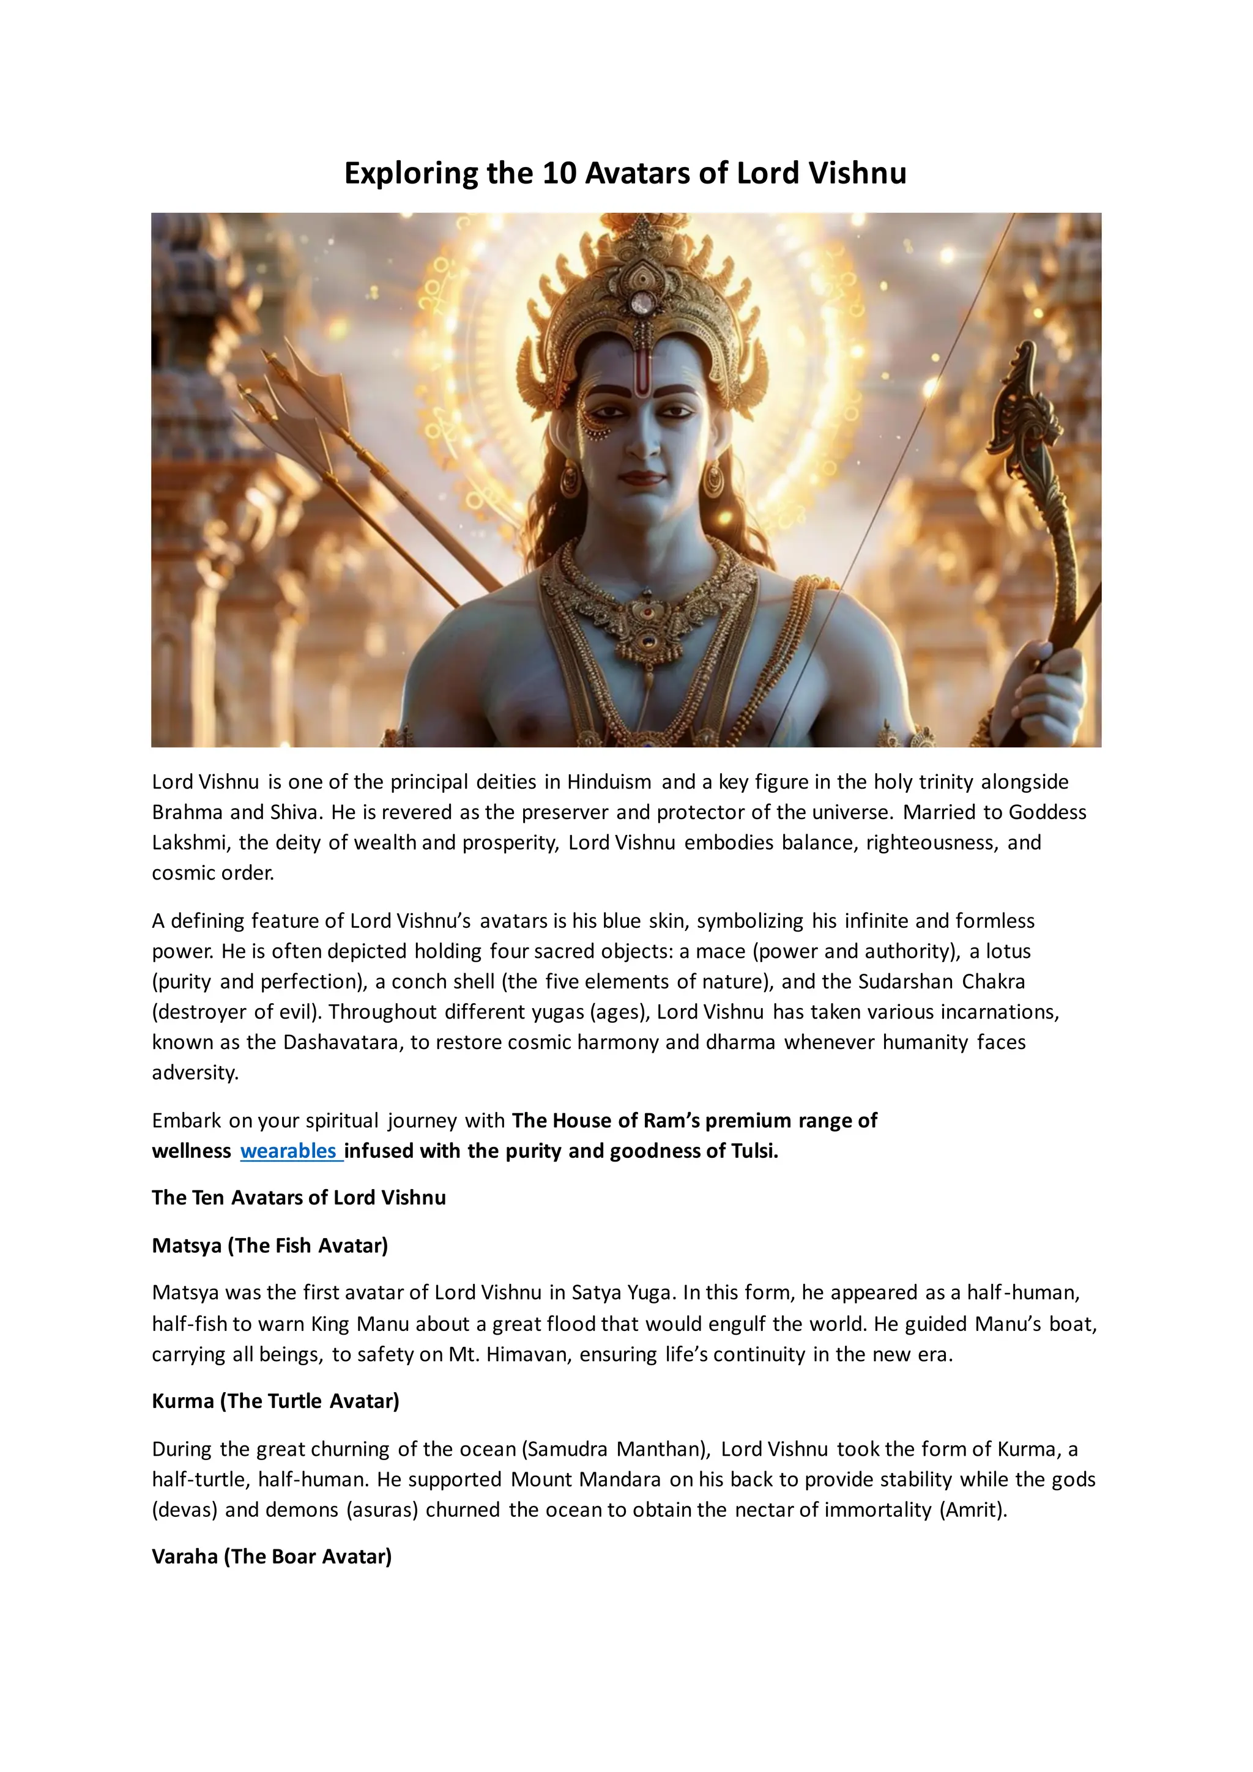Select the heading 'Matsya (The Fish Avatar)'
(269, 1245)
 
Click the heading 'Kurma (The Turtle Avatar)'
(275, 1401)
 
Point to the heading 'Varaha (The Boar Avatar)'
(272, 1556)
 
